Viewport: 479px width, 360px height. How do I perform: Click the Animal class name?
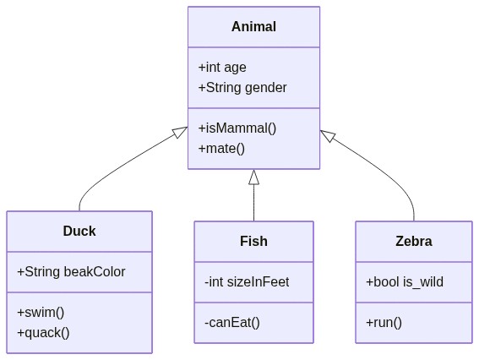[x=253, y=26]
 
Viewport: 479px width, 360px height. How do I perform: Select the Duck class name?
[x=79, y=231]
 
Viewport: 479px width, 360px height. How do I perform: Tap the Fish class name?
[x=253, y=241]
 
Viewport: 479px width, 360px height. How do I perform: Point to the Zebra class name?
[x=414, y=241]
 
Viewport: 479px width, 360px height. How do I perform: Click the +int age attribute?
[x=222, y=68]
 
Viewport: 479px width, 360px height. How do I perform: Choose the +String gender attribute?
[x=242, y=88]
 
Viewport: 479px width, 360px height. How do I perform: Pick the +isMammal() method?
[x=237, y=128]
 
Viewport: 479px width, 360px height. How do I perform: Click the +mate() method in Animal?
[x=221, y=149]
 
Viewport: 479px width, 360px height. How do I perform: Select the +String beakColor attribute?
[x=71, y=272]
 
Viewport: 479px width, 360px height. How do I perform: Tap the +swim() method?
[x=41, y=313]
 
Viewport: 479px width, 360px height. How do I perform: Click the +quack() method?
[x=43, y=333]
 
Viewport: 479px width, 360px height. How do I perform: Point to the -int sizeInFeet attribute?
[x=247, y=282]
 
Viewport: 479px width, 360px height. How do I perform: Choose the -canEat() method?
[x=232, y=323]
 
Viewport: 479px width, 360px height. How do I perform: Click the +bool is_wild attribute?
[x=405, y=282]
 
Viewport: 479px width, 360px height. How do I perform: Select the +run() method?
[x=384, y=323]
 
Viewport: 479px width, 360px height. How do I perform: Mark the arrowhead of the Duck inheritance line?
[x=180, y=132]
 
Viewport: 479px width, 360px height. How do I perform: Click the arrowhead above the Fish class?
[x=253, y=177]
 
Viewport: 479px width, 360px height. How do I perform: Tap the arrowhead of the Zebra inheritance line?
[x=328, y=136]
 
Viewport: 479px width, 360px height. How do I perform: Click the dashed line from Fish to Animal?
[x=253, y=203]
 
